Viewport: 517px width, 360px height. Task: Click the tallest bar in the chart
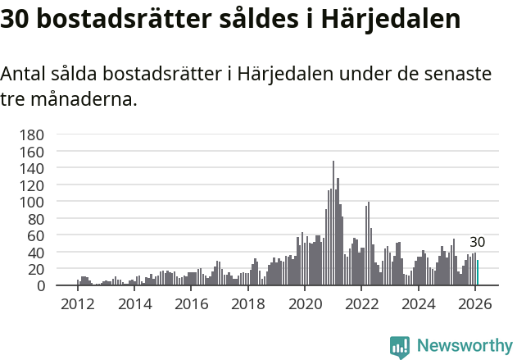pyautogui.click(x=333, y=223)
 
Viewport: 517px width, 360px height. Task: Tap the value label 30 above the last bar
pyautogui.click(x=477, y=243)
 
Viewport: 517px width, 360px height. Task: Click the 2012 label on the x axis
pyautogui.click(x=78, y=303)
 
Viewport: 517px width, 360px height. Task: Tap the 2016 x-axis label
pyautogui.click(x=191, y=303)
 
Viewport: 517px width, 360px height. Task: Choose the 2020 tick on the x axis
pyautogui.click(x=304, y=303)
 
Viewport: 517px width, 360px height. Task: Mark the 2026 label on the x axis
pyautogui.click(x=474, y=303)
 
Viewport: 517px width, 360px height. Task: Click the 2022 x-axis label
pyautogui.click(x=361, y=303)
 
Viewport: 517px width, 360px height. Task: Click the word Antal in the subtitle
pyautogui.click(x=24, y=74)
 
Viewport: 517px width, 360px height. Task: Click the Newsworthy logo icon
pyautogui.click(x=400, y=346)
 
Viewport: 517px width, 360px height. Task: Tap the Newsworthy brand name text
pyautogui.click(x=464, y=346)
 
